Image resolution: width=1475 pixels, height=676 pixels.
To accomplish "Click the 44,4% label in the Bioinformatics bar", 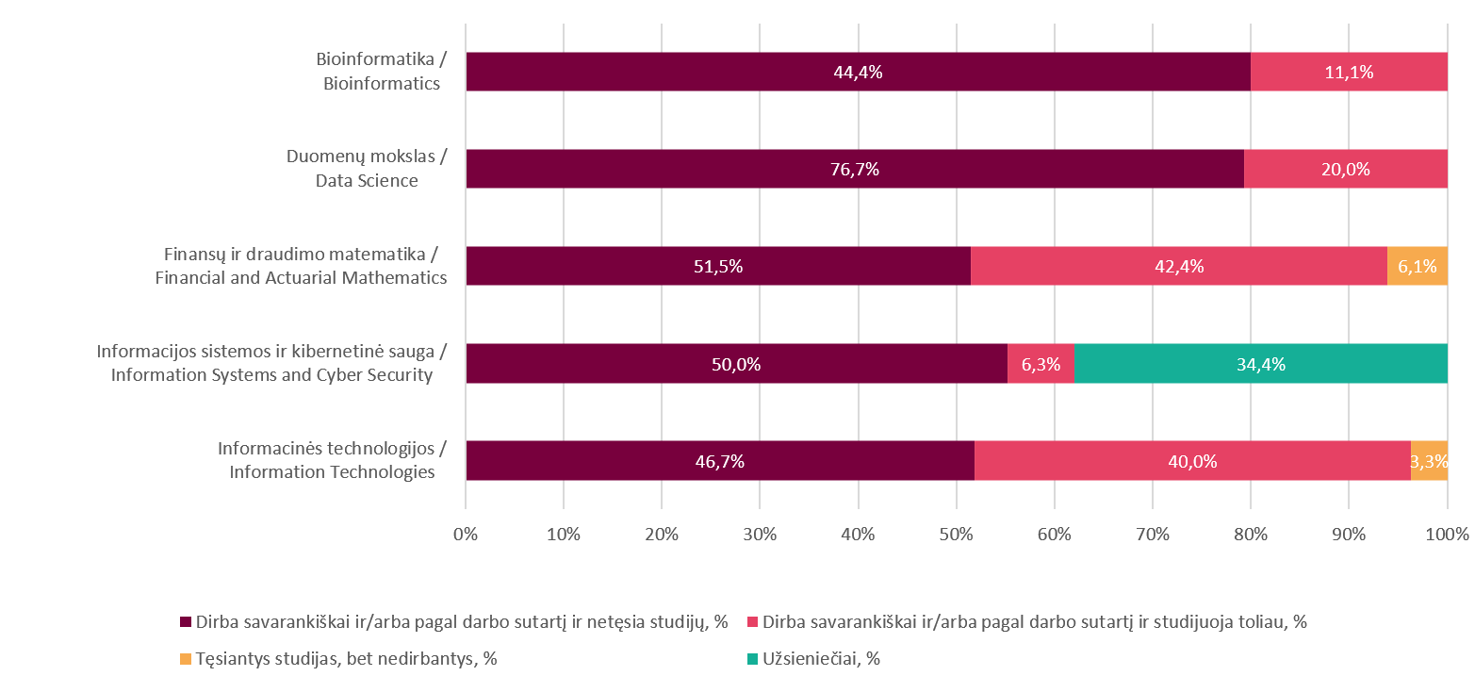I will click(x=858, y=72).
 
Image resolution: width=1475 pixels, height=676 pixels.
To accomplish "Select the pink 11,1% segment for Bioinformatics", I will click(x=1349, y=72).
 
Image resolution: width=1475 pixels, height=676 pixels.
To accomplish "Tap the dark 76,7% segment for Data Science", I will click(x=855, y=169).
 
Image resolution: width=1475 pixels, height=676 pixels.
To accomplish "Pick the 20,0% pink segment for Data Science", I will click(x=1345, y=169).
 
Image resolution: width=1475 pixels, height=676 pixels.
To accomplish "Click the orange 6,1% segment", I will click(x=1417, y=266).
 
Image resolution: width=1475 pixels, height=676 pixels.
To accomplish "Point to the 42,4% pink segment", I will click(x=1178, y=266).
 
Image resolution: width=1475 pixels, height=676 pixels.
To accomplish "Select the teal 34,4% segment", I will click(x=1260, y=364).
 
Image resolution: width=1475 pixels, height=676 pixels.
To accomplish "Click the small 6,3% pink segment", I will click(x=1041, y=364).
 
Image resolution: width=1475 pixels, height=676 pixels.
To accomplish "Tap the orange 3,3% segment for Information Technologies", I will click(x=1429, y=461).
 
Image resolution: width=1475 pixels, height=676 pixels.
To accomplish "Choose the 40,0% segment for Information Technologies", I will click(x=1192, y=461).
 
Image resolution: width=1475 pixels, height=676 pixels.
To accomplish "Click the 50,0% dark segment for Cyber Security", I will click(x=736, y=364).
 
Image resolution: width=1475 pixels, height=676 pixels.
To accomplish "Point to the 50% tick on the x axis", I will click(x=957, y=534).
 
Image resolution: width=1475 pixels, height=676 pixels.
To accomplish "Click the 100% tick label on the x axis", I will click(x=1447, y=534).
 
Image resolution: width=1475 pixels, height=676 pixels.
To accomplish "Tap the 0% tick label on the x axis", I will click(x=466, y=534).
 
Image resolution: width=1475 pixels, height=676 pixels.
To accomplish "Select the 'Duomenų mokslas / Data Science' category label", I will click(x=367, y=169).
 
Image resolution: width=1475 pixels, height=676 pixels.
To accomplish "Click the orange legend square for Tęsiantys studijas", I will click(x=185, y=659).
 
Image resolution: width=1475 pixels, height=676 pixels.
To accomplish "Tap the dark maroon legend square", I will click(x=185, y=622).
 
